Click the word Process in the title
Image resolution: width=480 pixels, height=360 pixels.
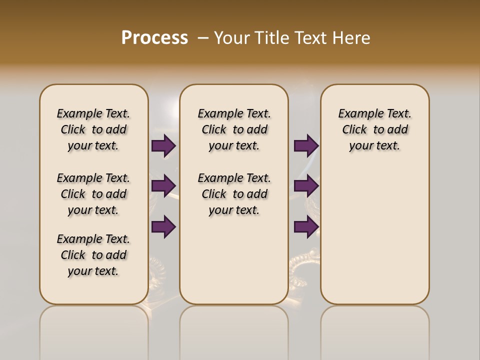pyautogui.click(x=154, y=38)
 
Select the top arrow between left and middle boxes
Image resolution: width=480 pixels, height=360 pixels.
pyautogui.click(x=163, y=146)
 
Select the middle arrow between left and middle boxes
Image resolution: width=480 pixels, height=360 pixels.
pyautogui.click(x=163, y=186)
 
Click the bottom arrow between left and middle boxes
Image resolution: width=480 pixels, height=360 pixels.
pyautogui.click(x=163, y=227)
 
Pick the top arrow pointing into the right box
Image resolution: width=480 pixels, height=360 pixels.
pyautogui.click(x=306, y=146)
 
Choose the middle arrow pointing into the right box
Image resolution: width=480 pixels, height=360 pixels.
pyautogui.click(x=306, y=186)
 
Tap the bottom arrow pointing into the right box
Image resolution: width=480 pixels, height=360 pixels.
pyautogui.click(x=306, y=227)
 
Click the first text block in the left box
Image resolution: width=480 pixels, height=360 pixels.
pyautogui.click(x=93, y=129)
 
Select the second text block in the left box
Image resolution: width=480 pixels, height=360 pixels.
pyautogui.click(x=93, y=194)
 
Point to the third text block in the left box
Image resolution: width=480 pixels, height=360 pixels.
pyautogui.click(x=93, y=255)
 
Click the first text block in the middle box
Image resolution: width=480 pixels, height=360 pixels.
pyautogui.click(x=234, y=129)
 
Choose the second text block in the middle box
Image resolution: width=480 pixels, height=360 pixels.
pyautogui.click(x=234, y=194)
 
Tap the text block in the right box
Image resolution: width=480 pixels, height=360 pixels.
pyautogui.click(x=374, y=129)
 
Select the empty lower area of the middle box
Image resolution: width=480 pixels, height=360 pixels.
pyautogui.click(x=234, y=260)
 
